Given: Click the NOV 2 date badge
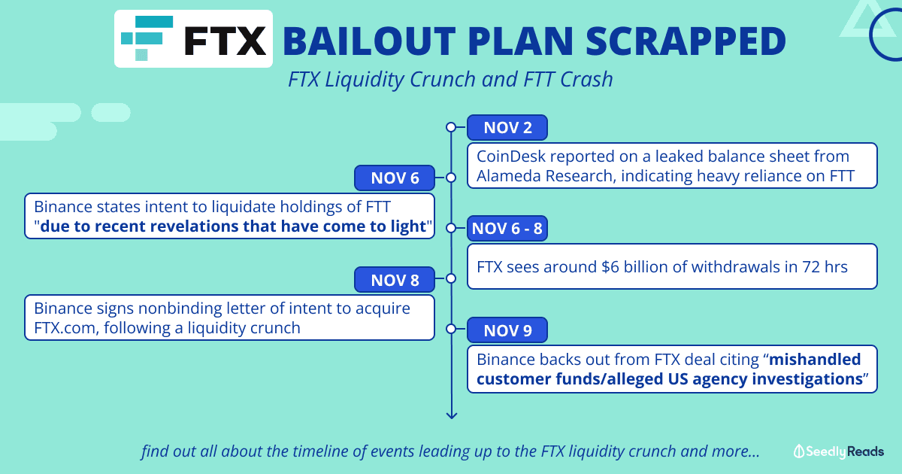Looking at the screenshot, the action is tap(507, 128).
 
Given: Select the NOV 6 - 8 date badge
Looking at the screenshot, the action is tap(507, 229).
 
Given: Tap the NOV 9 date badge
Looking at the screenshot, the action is tap(507, 330).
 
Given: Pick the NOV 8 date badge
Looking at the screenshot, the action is tap(395, 280).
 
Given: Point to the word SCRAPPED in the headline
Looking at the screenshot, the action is tap(686, 41).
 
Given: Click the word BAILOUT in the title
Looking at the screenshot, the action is tap(369, 41).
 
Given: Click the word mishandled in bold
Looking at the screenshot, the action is tap(815, 359).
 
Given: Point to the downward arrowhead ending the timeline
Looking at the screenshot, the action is tap(452, 415).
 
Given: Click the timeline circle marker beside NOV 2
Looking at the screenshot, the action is tap(451, 127).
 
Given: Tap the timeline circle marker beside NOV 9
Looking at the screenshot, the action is tap(451, 329).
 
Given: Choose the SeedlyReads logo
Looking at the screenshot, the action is tap(838, 451).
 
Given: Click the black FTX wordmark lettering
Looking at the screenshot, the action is tap(225, 41).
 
